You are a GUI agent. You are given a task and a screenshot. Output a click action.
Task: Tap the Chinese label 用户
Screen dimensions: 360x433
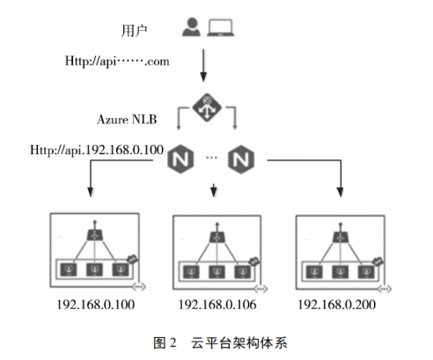click(x=132, y=30)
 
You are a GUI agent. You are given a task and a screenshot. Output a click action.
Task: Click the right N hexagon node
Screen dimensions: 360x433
click(x=240, y=159)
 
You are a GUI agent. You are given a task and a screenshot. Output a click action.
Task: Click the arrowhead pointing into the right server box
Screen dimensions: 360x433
click(x=340, y=195)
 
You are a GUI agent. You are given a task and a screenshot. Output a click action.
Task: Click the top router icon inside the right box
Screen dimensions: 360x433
click(x=339, y=236)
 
